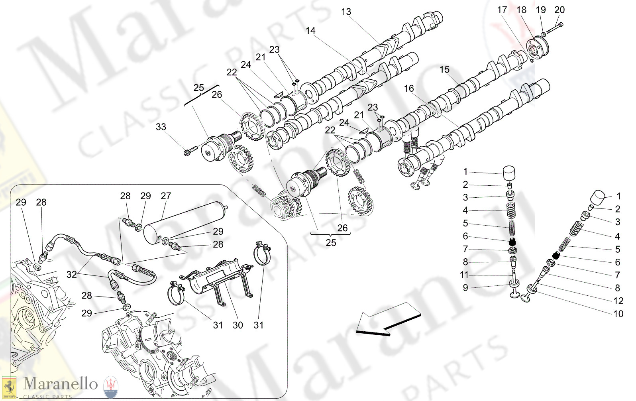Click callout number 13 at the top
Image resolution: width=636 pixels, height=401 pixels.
(346, 12)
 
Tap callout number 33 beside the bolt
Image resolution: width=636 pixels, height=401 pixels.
(161, 127)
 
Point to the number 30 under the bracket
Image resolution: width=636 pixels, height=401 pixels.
(238, 325)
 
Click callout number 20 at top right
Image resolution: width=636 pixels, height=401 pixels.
(559, 10)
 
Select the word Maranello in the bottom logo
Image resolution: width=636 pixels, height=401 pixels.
(60, 383)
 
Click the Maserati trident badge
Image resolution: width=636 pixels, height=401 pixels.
(111, 387)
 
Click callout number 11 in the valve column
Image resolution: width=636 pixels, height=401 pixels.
(464, 275)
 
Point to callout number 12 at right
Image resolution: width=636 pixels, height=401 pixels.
(618, 301)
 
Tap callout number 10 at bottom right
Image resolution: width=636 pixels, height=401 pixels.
(618, 314)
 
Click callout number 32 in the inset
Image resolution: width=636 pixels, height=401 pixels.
(71, 274)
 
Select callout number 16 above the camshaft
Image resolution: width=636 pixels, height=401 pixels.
(409, 88)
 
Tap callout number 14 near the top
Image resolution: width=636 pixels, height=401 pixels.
(310, 31)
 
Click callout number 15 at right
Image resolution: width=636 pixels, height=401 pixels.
(444, 70)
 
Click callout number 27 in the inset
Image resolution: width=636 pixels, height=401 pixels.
(166, 196)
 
